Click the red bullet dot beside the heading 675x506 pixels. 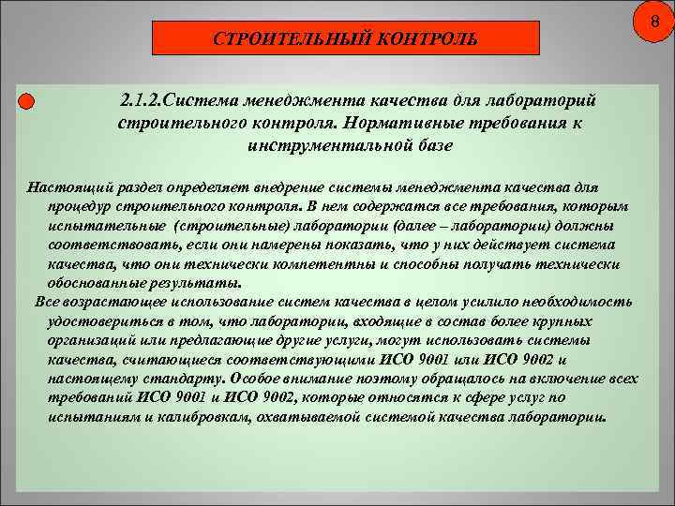point(26,101)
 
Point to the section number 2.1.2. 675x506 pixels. point(142,99)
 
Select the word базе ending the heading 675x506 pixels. point(432,146)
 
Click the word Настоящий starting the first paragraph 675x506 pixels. point(63,188)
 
